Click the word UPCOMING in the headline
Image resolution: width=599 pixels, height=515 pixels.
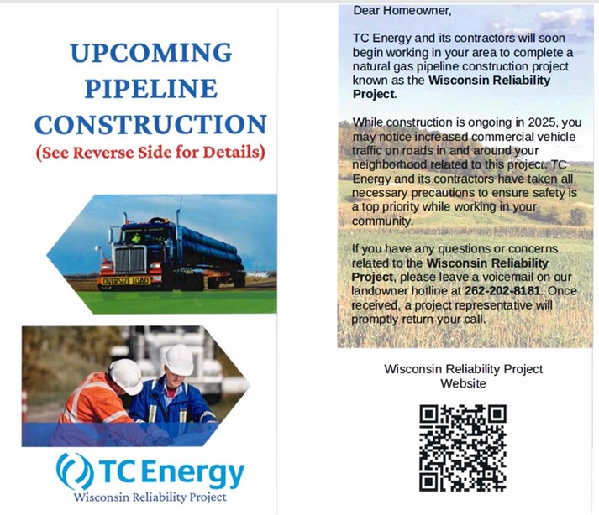click(x=151, y=52)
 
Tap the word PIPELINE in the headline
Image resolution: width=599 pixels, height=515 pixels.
click(x=151, y=88)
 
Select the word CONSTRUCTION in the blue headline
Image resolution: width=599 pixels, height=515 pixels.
click(x=150, y=124)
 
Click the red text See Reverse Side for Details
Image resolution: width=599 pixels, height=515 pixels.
click(x=150, y=152)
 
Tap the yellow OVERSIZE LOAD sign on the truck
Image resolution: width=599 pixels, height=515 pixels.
click(x=126, y=280)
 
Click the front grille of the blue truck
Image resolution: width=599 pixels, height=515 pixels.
click(x=130, y=260)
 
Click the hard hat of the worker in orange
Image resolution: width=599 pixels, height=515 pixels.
click(x=126, y=376)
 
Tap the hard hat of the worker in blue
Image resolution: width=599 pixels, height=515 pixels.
click(x=178, y=359)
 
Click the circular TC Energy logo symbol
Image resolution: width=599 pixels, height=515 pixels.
click(x=75, y=471)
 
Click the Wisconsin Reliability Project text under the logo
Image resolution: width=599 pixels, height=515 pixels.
click(x=150, y=497)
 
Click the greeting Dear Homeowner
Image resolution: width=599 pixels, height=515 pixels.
click(x=402, y=11)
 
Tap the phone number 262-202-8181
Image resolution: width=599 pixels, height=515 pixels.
click(x=502, y=291)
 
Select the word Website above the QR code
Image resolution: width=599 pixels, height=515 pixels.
click(x=463, y=383)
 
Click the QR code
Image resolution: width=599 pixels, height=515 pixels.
click(x=463, y=448)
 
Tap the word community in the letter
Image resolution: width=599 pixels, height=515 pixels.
click(x=381, y=221)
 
